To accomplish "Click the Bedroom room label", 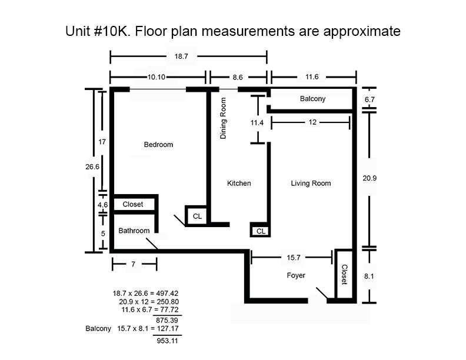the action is pyautogui.click(x=158, y=145).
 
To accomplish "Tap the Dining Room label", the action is pyautogui.click(x=223, y=118).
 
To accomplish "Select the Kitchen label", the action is pyautogui.click(x=239, y=184).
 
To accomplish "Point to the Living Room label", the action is pyautogui.click(x=311, y=184).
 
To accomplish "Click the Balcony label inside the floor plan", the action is pyautogui.click(x=312, y=99).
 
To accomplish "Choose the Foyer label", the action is pyautogui.click(x=296, y=275).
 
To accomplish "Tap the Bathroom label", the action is pyautogui.click(x=134, y=231).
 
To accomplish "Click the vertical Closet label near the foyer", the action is pyautogui.click(x=344, y=275).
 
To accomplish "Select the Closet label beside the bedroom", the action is pyautogui.click(x=133, y=204).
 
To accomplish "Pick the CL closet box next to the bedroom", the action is pyautogui.click(x=196, y=216).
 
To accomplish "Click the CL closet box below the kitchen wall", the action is pyautogui.click(x=260, y=231).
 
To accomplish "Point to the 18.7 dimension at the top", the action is pyautogui.click(x=181, y=56).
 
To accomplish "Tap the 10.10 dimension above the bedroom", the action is pyautogui.click(x=157, y=77).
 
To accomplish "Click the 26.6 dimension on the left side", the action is pyautogui.click(x=92, y=167).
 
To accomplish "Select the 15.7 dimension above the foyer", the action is pyautogui.click(x=294, y=258).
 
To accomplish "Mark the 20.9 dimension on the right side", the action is pyautogui.click(x=370, y=178).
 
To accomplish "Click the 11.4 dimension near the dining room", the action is pyautogui.click(x=257, y=123).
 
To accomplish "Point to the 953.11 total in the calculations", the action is pyautogui.click(x=167, y=341).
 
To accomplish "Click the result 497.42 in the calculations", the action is pyautogui.click(x=167, y=294).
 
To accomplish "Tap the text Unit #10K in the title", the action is pyautogui.click(x=98, y=31).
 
